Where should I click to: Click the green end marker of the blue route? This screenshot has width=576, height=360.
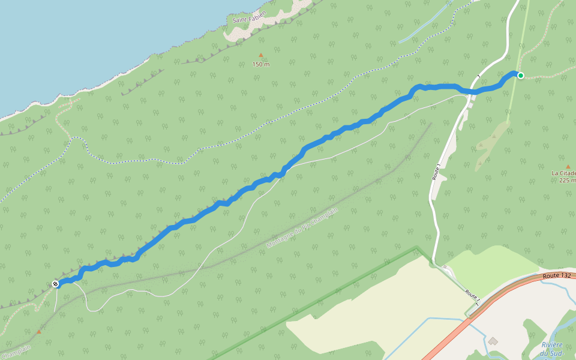[x=520, y=76]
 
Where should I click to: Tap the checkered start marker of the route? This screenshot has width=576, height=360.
[x=55, y=284]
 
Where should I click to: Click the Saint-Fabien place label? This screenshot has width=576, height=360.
[x=249, y=20]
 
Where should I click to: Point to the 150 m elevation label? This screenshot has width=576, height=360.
[x=261, y=64]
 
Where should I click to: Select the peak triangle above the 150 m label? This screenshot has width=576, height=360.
[x=261, y=55]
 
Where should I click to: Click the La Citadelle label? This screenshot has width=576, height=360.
[x=564, y=173]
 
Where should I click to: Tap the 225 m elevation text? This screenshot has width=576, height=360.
[x=567, y=180]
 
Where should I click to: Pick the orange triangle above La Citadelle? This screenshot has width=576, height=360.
[x=568, y=166]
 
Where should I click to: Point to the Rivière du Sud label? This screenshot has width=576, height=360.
[x=552, y=348]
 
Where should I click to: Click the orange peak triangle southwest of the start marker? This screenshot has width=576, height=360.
[x=39, y=331]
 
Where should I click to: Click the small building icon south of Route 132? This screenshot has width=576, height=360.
[x=493, y=341]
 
